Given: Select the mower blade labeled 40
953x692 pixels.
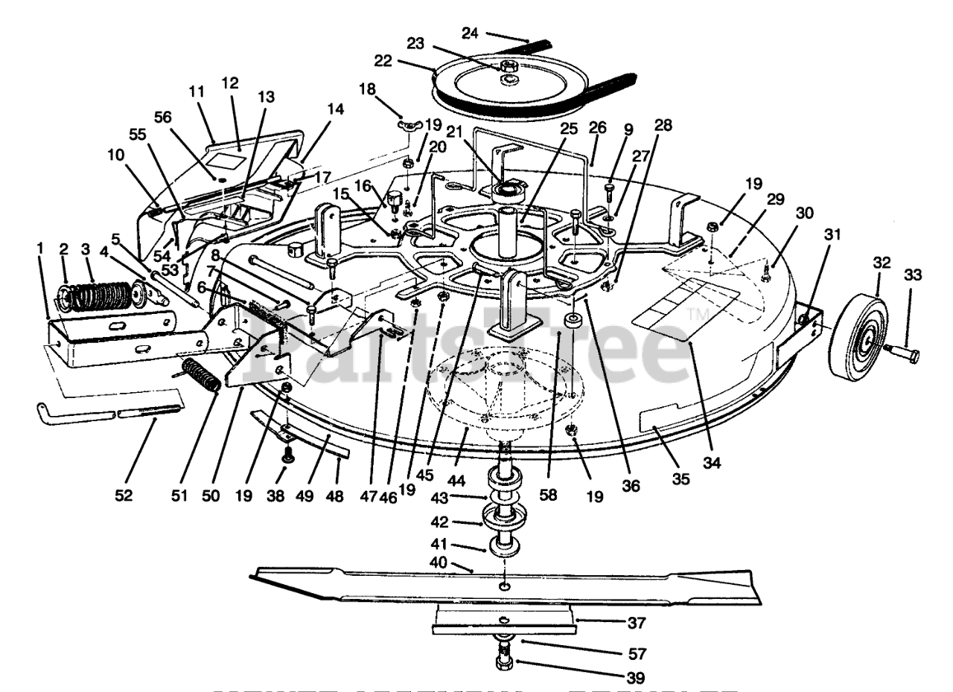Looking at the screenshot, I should click(506, 585).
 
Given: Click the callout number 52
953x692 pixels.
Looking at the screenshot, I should click(124, 495).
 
